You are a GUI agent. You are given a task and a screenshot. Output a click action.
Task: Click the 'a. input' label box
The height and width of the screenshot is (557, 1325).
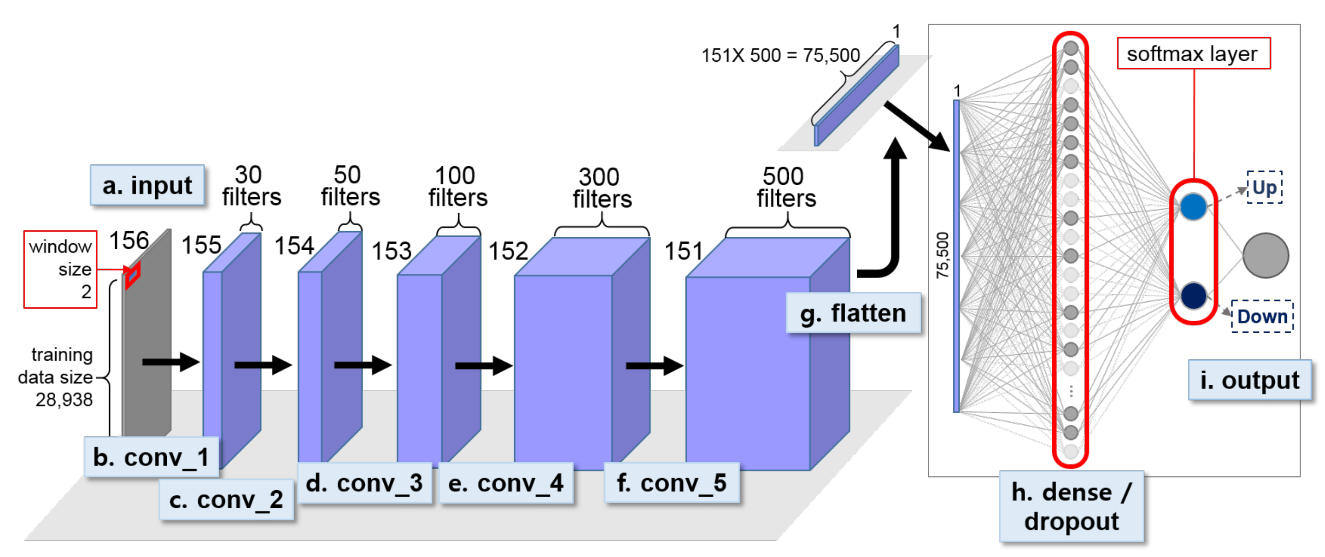tap(147, 186)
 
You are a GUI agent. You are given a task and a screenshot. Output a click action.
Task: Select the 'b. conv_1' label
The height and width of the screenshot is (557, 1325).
tap(151, 457)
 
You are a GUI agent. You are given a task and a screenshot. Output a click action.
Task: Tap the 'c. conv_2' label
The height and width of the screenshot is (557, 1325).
tap(226, 499)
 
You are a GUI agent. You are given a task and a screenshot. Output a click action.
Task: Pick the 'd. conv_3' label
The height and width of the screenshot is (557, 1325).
tap(364, 483)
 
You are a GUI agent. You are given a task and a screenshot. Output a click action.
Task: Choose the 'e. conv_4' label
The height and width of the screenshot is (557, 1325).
tap(505, 483)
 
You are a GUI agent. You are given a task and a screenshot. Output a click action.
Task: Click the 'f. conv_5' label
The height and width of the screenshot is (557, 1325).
tap(672, 483)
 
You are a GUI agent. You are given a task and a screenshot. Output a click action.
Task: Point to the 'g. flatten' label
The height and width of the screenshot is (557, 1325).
tap(853, 313)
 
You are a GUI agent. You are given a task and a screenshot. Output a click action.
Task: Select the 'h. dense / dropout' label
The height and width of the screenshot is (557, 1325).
tap(1071, 507)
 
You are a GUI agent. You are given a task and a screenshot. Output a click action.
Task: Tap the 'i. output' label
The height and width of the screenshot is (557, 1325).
tap(1249, 380)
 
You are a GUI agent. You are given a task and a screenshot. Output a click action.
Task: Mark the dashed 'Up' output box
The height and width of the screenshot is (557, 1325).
tap(1264, 188)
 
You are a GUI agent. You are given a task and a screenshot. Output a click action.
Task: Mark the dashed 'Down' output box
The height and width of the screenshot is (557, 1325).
tap(1262, 317)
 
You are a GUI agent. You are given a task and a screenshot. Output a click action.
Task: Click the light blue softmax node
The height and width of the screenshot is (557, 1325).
tap(1193, 207)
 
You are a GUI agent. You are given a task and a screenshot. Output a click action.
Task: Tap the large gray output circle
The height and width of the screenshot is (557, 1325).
tap(1266, 255)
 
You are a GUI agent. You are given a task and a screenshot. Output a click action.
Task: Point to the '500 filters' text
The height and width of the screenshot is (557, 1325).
tap(786, 188)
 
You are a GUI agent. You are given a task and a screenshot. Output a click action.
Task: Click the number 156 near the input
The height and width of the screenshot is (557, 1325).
tap(129, 240)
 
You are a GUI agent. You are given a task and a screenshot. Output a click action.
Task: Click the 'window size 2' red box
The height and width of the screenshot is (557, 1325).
tap(60, 269)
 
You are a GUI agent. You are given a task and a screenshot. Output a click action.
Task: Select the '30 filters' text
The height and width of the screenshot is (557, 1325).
tap(251, 186)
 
